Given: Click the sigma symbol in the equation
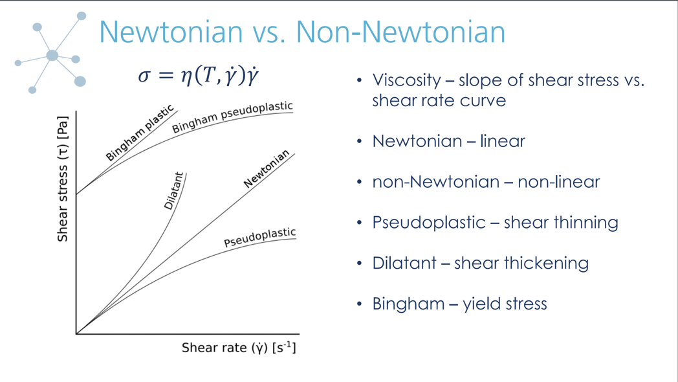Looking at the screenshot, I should click(144, 76).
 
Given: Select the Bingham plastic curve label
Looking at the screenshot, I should click(140, 133).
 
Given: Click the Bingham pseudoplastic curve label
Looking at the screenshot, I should click(232, 117).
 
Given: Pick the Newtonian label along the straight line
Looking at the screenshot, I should click(267, 169).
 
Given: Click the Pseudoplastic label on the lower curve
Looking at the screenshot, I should click(259, 238).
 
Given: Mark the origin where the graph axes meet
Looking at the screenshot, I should click(76, 333).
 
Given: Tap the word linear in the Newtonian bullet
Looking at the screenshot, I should click(502, 141).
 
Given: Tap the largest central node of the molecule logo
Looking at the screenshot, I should click(52, 56).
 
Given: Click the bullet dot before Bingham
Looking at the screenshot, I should click(360, 304).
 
